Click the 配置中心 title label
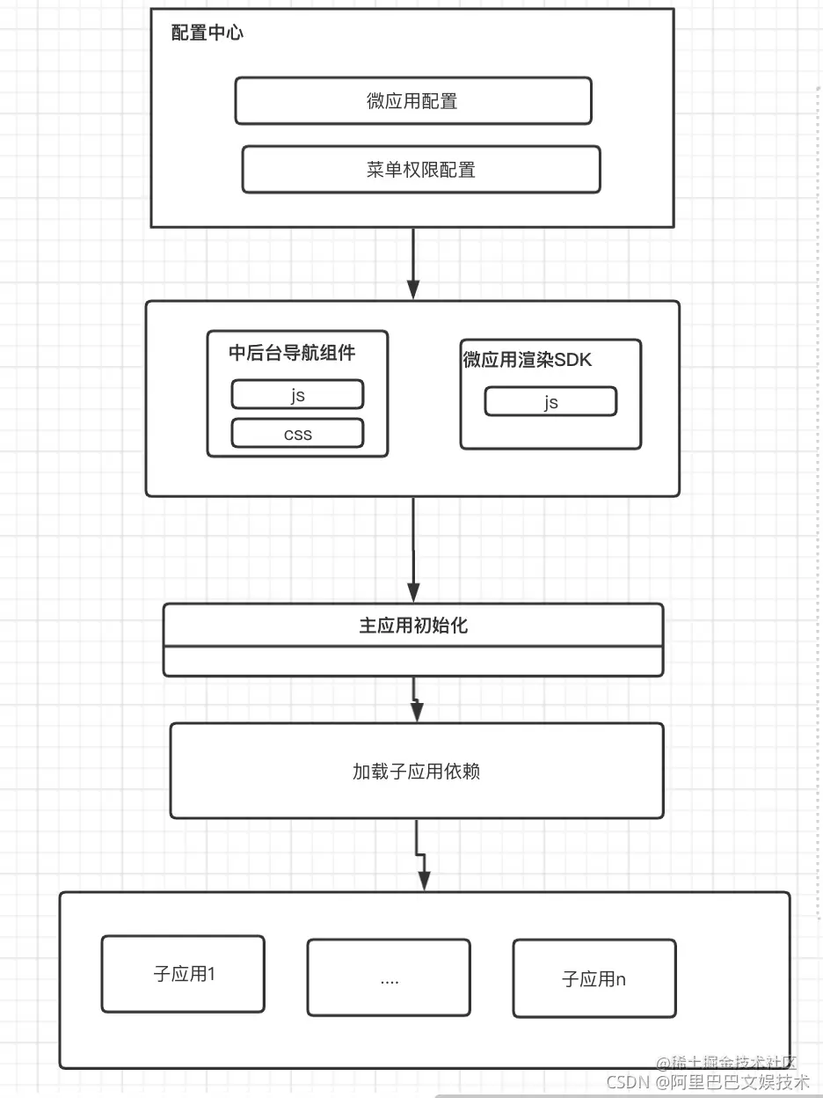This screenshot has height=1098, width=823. click(x=208, y=33)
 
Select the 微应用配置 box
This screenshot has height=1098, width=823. click(x=412, y=101)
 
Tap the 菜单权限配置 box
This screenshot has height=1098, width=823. click(x=420, y=170)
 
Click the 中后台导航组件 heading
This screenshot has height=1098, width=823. click(x=292, y=353)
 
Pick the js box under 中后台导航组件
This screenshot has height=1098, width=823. click(x=297, y=395)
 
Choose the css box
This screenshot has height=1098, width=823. click(x=297, y=434)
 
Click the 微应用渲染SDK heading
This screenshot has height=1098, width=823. click(x=528, y=360)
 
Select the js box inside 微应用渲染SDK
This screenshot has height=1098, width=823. click(x=550, y=402)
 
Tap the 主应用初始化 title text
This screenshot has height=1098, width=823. click(x=413, y=626)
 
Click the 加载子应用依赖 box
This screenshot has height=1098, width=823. click(x=416, y=772)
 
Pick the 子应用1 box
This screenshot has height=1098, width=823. click(x=183, y=974)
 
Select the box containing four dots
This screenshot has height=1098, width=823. click(x=389, y=978)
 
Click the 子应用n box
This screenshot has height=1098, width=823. click(x=594, y=978)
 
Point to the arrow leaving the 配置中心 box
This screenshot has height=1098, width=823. click(x=414, y=264)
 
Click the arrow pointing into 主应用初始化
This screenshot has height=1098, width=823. click(x=414, y=550)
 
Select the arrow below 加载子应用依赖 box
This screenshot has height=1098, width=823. click(x=421, y=855)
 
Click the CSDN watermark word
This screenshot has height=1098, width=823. click(x=627, y=1082)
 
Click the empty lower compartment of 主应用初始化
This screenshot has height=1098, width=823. click(x=413, y=661)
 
